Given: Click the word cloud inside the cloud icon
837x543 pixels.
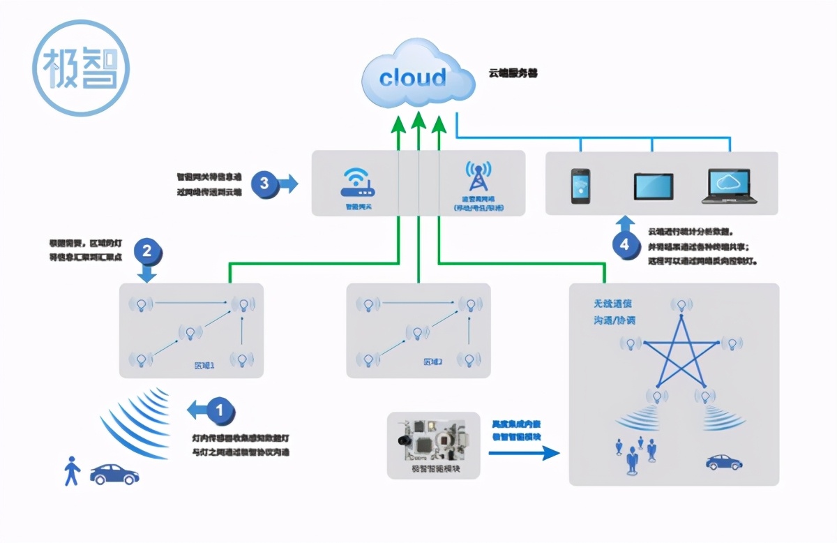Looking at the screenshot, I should [412, 77].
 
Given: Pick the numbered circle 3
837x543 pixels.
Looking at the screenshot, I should [264, 184].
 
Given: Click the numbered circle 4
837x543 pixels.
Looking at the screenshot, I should [625, 244].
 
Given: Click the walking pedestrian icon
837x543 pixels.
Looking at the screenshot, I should [71, 471].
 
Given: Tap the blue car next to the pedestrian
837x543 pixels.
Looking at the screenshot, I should [114, 474].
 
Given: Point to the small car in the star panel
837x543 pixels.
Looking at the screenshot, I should [723, 461].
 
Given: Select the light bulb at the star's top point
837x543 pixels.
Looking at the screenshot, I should [681, 305].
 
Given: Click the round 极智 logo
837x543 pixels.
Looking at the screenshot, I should [82, 68].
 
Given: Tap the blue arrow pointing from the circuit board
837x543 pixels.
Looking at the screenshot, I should [524, 453].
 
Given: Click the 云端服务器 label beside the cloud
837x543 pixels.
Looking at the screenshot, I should [513, 73].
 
